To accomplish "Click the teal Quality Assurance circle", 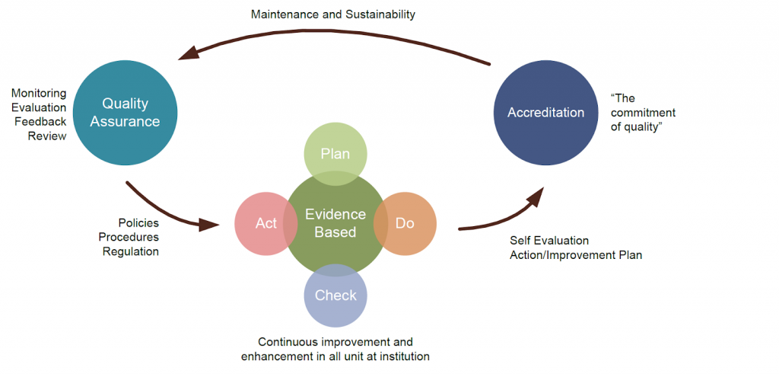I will coord(126,113).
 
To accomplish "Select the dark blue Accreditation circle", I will coord(545,113).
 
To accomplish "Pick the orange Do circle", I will coord(408,224).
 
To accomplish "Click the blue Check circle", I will coord(335,296).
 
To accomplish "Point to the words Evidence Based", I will coord(335,223).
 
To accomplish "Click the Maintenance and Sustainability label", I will coord(334,14).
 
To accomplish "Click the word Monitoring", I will coord(38,94).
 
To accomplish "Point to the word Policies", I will coord(138,223).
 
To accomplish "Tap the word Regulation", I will coord(131,251).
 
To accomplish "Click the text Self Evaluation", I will coord(549,241).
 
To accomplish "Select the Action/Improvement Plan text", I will coord(576,255).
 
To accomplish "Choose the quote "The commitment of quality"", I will coord(643,113).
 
